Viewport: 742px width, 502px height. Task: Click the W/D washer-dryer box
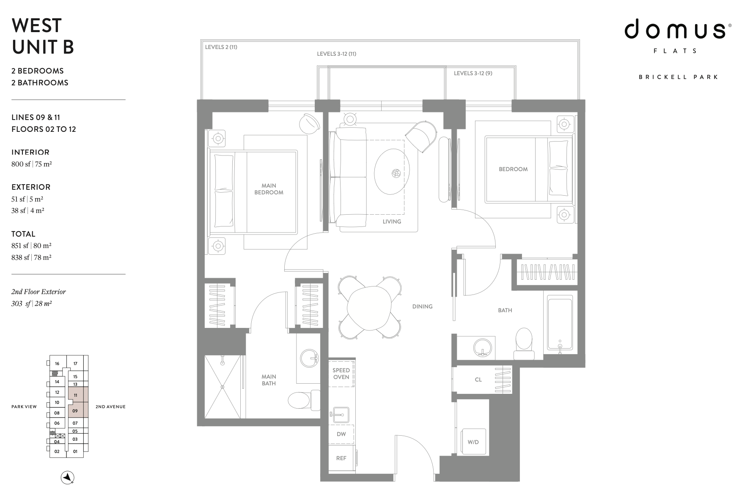coord(473,442)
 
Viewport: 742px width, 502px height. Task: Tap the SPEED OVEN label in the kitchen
coord(341,374)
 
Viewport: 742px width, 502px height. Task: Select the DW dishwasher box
coord(341,434)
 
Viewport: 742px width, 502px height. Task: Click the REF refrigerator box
coord(341,458)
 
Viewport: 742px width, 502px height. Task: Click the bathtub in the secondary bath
coord(560,323)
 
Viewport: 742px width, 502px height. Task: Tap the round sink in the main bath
coord(309,358)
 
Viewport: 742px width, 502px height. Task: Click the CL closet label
coord(478,379)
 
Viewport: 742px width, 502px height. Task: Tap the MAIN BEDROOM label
coord(269,189)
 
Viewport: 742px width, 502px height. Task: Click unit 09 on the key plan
coord(75,410)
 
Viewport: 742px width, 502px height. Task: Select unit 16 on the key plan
coord(57,363)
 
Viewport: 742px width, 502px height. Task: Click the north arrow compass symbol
coord(68,477)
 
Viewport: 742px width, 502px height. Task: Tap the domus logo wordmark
coord(674,29)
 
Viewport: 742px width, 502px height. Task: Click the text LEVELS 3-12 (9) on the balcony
coord(473,73)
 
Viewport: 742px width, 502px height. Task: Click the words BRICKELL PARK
coord(679,77)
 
